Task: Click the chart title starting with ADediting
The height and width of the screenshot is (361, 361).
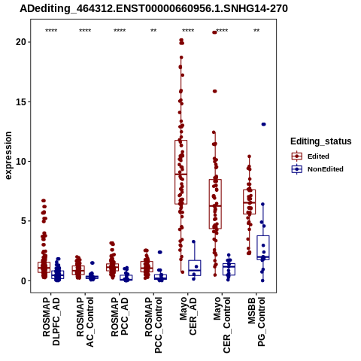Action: (x=153, y=9)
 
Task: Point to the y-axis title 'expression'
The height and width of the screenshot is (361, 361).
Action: (x=8, y=156)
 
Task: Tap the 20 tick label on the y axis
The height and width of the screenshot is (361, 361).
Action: (x=21, y=42)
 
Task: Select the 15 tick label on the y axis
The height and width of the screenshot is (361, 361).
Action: (x=21, y=102)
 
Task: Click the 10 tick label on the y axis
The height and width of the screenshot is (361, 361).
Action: (x=21, y=161)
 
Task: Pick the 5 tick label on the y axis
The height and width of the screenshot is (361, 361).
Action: (x=23, y=221)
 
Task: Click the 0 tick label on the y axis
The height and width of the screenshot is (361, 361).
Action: (x=23, y=281)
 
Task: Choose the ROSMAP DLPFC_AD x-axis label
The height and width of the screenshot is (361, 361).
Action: (x=51, y=321)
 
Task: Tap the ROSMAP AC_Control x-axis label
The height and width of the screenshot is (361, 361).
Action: (x=85, y=322)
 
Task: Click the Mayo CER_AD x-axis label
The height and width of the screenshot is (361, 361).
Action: (x=188, y=316)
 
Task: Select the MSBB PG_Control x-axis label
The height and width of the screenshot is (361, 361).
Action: (x=256, y=322)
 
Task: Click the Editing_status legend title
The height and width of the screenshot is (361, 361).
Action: (x=321, y=141)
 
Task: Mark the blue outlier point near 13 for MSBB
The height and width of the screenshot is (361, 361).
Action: (x=263, y=124)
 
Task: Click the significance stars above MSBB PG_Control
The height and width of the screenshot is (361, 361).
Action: (x=256, y=31)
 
